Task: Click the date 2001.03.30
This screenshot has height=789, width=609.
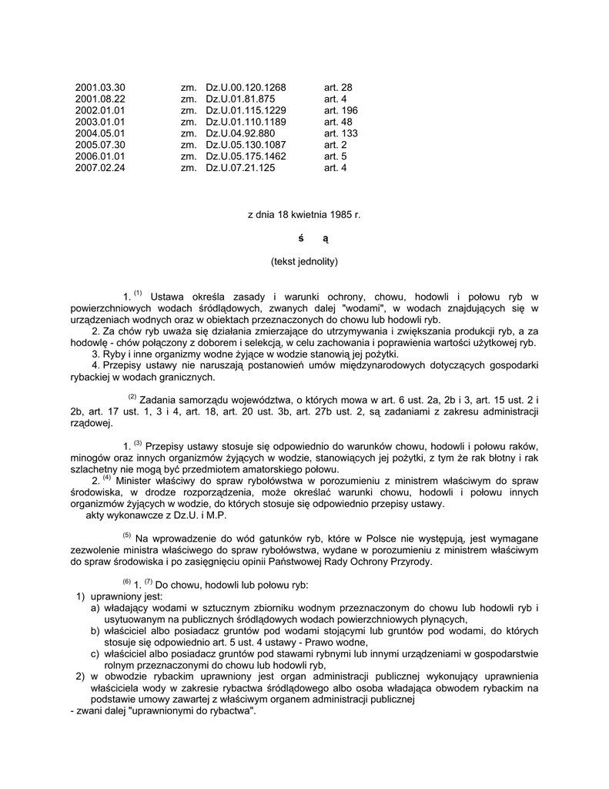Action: tap(100, 87)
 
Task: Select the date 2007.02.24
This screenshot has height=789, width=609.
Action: tap(100, 168)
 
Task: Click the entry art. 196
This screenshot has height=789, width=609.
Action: tap(340, 110)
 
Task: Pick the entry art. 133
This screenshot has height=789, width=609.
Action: tap(340, 133)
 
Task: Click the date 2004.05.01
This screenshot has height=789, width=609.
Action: tap(100, 133)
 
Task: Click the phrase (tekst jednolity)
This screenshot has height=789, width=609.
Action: tap(304, 261)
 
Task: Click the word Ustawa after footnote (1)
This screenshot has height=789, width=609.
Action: tap(167, 297)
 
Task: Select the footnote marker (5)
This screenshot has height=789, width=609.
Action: tap(127, 536)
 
